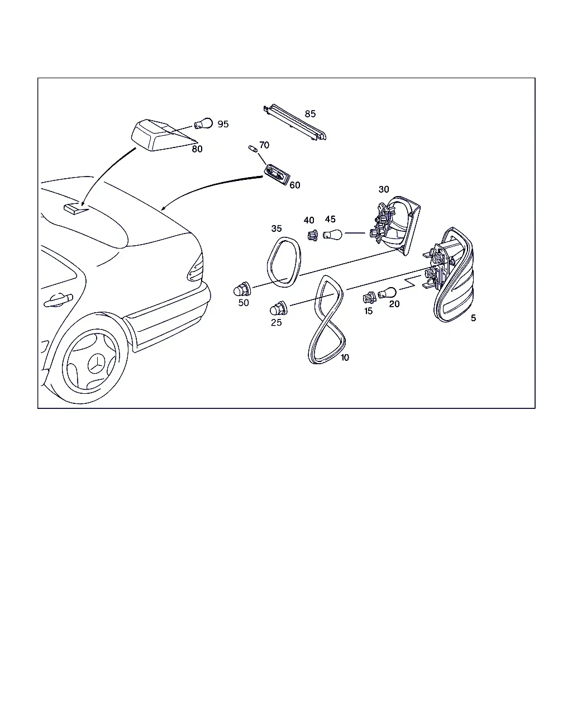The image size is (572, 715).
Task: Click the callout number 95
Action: (223, 124)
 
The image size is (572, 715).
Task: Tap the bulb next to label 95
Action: (203, 123)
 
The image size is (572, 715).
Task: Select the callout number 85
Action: (310, 114)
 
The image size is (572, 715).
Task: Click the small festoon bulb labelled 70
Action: (253, 149)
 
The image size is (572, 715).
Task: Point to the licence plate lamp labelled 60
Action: (277, 174)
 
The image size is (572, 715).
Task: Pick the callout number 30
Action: (384, 189)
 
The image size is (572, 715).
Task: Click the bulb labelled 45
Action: (332, 235)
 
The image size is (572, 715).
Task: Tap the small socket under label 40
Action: (312, 235)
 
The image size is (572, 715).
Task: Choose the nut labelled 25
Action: (279, 308)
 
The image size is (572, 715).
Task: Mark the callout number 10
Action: (345, 357)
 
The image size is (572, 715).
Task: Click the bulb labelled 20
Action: (387, 293)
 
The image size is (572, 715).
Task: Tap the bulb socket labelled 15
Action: (369, 297)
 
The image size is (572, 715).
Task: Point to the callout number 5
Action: (473, 318)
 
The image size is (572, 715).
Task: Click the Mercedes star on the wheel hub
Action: (97, 365)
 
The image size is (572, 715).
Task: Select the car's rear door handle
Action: (58, 300)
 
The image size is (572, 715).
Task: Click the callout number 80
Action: (197, 149)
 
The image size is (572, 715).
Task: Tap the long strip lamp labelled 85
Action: (295, 122)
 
